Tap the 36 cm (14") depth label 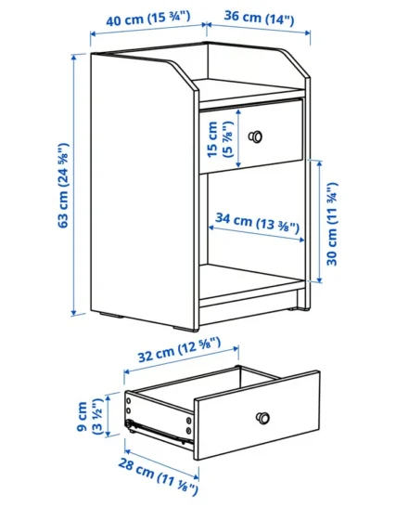[259, 19]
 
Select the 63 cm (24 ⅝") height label [63, 186]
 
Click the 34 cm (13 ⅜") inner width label [258, 223]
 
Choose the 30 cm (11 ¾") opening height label [332, 224]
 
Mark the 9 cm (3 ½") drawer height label [90, 417]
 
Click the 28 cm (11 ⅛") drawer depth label [158, 476]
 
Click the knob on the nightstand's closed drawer [255, 136]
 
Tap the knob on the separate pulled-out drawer [263, 418]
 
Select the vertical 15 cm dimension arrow [238, 138]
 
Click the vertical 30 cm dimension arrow [319, 222]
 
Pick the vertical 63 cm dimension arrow [74, 185]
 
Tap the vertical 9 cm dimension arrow [109, 415]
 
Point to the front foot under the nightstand [185, 329]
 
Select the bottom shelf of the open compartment [252, 280]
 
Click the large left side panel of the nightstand [144, 190]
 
